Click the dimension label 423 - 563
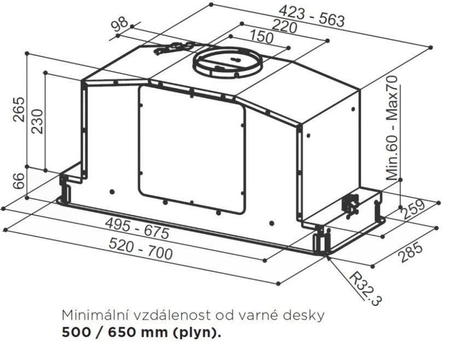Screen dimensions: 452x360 (312, 17)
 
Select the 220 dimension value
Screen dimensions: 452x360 (284, 26)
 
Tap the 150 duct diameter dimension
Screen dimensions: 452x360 (261, 37)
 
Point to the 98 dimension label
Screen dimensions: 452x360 (119, 24)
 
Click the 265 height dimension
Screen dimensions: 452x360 (19, 109)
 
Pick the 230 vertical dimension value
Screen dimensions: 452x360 (37, 121)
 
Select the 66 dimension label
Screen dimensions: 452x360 (19, 181)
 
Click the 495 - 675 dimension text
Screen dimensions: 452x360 (137, 228)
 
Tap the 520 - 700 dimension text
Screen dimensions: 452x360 (141, 249)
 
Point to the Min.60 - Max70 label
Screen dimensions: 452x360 (392, 128)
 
